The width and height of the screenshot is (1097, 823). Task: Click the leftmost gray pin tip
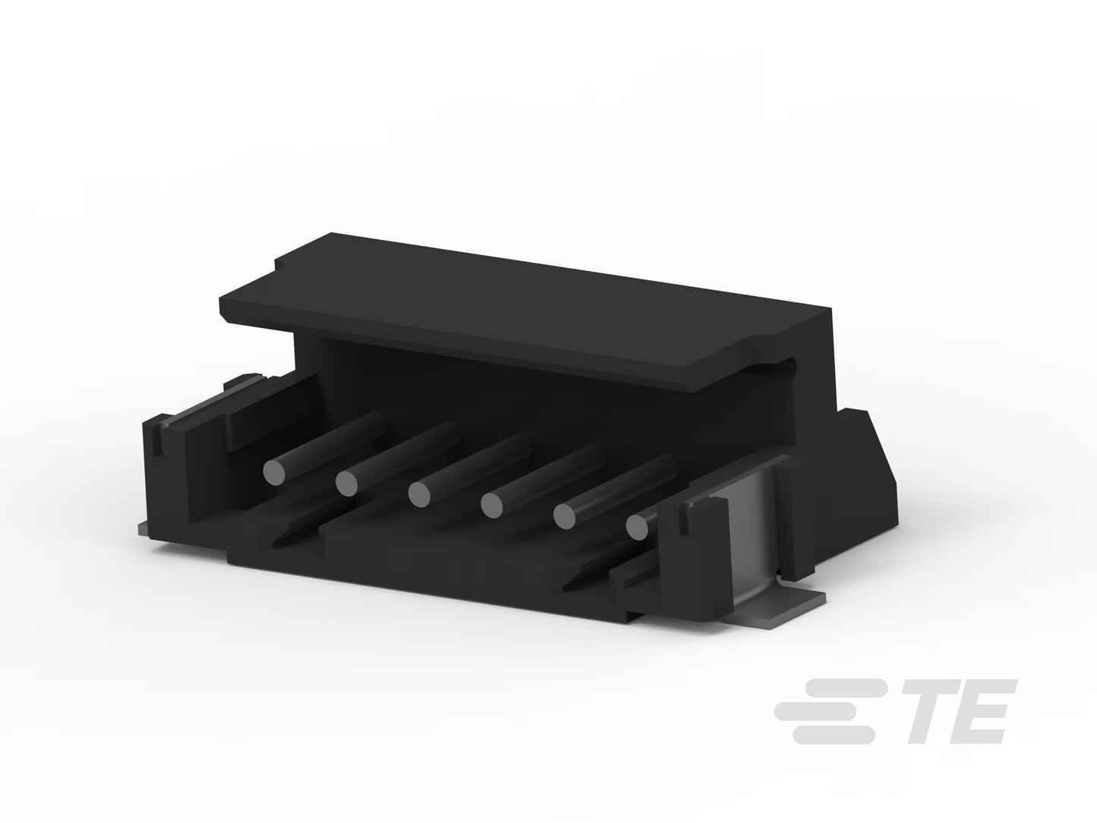click(x=274, y=471)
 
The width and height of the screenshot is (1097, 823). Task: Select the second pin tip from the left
click(x=347, y=483)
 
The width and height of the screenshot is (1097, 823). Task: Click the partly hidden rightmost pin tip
click(x=636, y=527)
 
